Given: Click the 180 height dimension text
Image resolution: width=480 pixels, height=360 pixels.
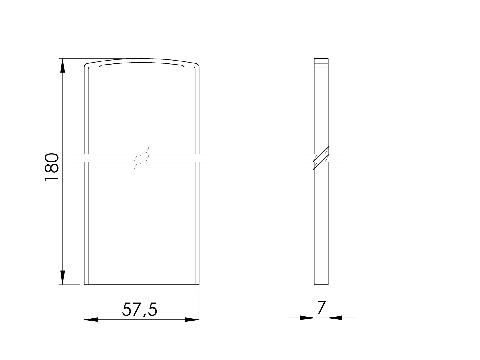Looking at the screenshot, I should click(52, 167).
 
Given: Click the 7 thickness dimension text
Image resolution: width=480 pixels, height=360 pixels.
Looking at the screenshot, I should click(321, 308).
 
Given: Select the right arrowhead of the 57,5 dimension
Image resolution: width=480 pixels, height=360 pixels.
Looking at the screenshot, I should click(192, 320).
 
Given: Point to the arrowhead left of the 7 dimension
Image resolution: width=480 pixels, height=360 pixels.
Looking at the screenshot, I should click(307, 317).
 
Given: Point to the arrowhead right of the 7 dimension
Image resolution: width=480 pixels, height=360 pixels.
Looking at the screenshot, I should click(335, 317).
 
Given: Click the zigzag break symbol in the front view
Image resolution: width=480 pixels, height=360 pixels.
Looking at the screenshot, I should click(142, 158).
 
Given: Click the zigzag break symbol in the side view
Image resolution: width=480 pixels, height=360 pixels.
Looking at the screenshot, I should click(321, 158).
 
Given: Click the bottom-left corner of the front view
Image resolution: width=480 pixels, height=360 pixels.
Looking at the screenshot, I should click(84, 284).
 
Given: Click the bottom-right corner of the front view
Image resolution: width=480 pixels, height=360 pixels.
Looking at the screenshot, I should click(199, 284).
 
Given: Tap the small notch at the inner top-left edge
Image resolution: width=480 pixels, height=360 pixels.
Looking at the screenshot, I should click(100, 66).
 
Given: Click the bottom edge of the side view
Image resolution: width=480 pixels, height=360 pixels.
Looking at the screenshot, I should click(321, 284).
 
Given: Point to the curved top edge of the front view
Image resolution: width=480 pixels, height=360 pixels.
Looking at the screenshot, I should click(141, 59).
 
